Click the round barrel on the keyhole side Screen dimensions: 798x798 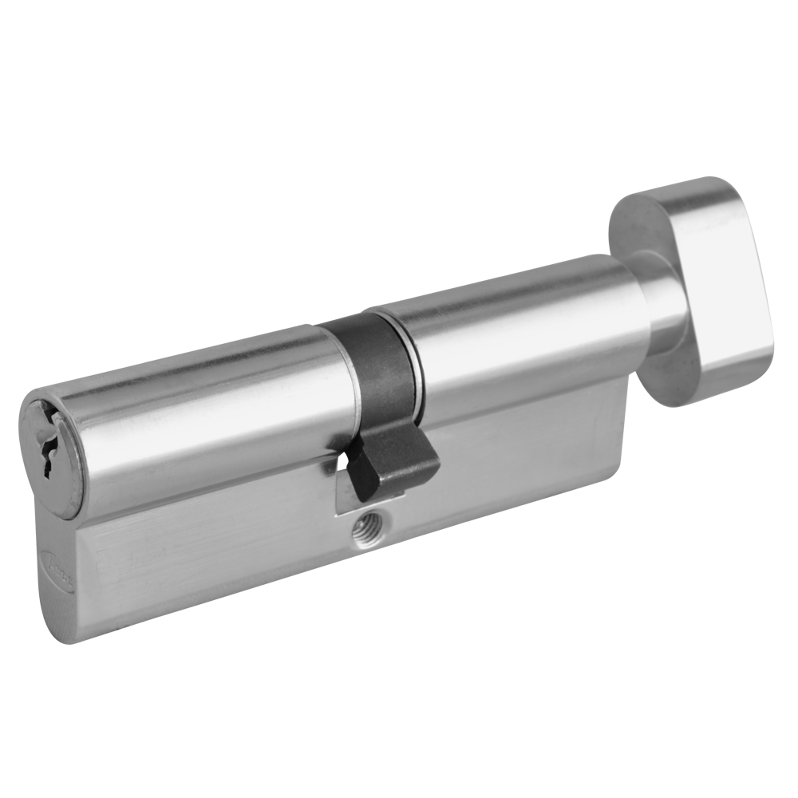(x=199, y=415)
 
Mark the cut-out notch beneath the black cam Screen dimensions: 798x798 (x=347, y=487)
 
